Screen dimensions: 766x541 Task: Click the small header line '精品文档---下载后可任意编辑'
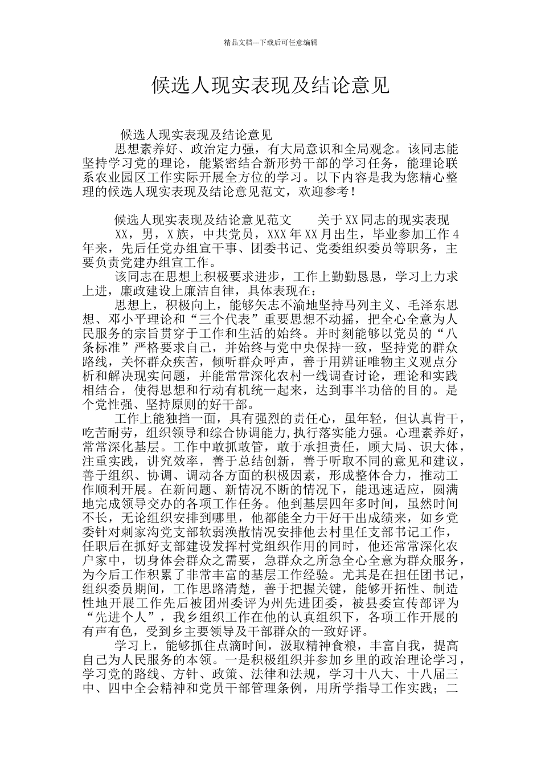tap(270, 43)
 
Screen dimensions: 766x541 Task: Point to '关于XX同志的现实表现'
tap(383, 220)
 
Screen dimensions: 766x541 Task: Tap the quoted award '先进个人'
tap(121, 617)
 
